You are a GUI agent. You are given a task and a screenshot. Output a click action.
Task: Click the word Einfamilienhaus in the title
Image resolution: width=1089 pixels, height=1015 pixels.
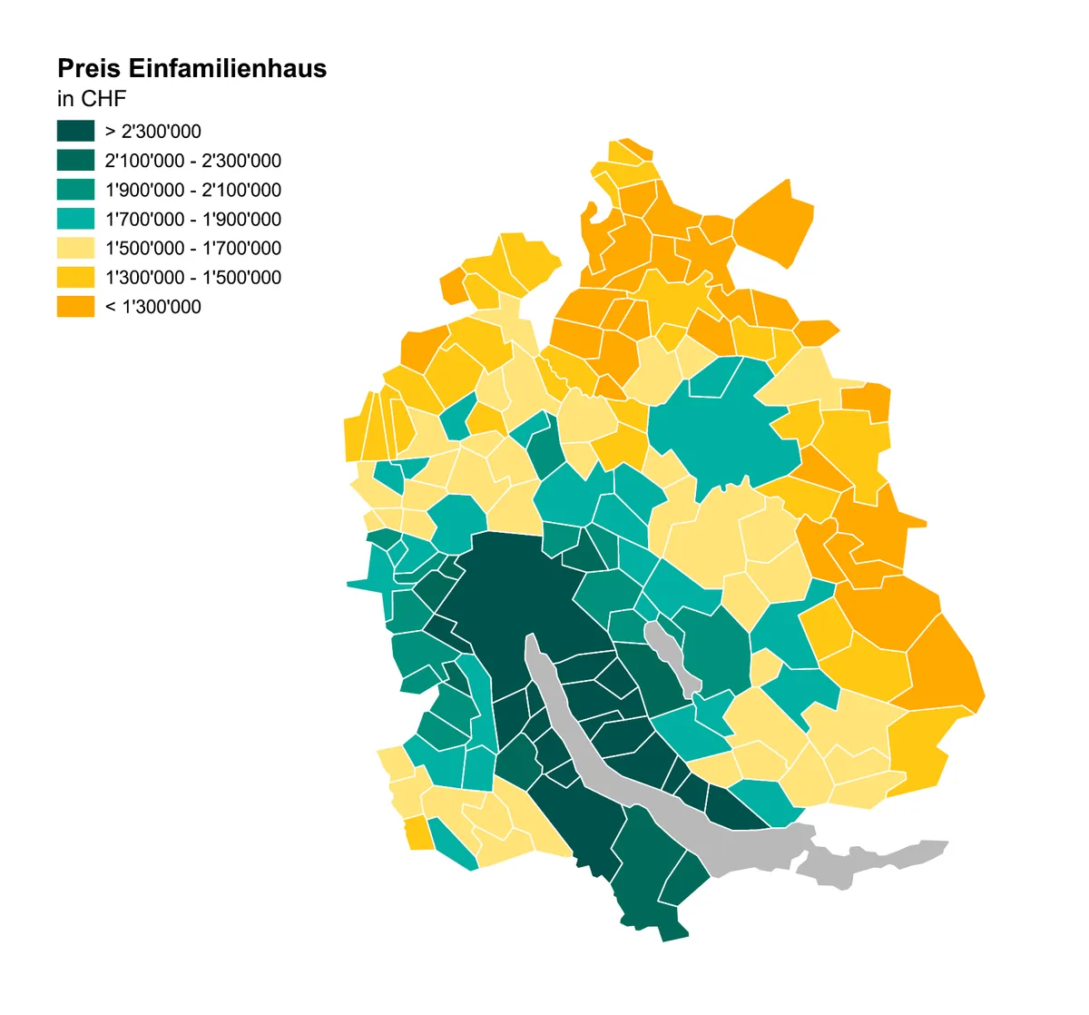coord(227,69)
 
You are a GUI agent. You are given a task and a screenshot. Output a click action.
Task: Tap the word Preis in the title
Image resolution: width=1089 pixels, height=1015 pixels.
coord(88,69)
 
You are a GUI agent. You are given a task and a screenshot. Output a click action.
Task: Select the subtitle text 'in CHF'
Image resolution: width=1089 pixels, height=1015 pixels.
coord(91,98)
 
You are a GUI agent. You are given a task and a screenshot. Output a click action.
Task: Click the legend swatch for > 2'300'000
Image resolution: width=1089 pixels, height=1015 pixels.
coord(75,131)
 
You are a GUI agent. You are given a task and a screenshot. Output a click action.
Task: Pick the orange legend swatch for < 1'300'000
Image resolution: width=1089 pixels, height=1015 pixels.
coord(75,307)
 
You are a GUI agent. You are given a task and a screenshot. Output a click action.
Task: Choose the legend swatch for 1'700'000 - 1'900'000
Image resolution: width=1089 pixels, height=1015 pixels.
coord(75,219)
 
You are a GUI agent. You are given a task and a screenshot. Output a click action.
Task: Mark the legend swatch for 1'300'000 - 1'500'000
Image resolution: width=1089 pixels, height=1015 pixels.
coord(75,277)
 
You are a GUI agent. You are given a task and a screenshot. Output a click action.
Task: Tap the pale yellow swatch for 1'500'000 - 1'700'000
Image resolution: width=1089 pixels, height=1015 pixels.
coord(75,248)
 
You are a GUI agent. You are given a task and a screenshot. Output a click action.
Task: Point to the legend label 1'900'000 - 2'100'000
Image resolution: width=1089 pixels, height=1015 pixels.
coord(192,190)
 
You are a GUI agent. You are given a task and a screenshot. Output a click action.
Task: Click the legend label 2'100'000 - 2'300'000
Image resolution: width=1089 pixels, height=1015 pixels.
coord(192,161)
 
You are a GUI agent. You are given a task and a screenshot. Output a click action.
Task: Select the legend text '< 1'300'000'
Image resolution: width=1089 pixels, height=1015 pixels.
coord(152,307)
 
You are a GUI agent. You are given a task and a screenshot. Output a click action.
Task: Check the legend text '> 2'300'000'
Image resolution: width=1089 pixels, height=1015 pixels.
coord(152,131)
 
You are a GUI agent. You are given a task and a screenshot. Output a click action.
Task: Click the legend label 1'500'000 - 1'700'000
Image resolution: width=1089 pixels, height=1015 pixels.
coord(192,248)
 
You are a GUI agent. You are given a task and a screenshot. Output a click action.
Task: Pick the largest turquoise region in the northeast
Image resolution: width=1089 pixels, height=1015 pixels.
coord(726,427)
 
